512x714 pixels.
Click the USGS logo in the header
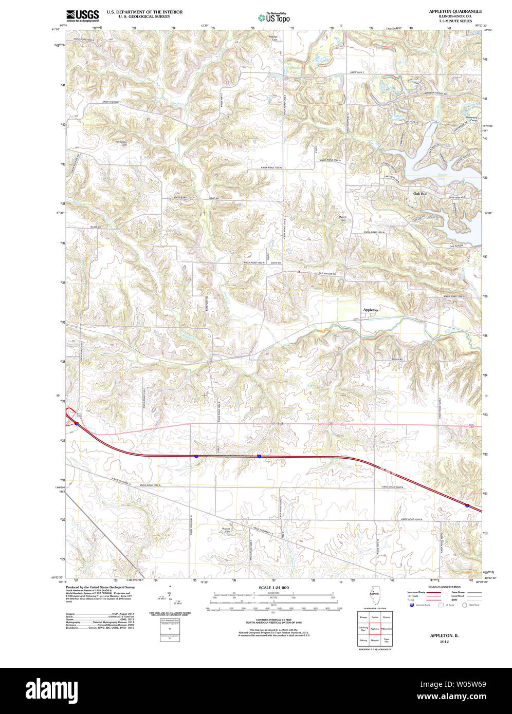pyautogui.click(x=82, y=15)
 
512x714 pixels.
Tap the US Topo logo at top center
pyautogui.click(x=275, y=17)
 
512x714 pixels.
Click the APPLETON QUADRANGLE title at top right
pyautogui.click(x=455, y=11)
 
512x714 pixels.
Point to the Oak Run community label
pyautogui.click(x=420, y=194)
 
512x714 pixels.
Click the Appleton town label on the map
pyautogui.click(x=371, y=310)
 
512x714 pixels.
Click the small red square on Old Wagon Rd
pyautogui.click(x=298, y=273)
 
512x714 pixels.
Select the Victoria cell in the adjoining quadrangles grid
pyautogui.click(x=386, y=617)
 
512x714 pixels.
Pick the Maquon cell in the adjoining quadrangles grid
pyautogui.click(x=375, y=641)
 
